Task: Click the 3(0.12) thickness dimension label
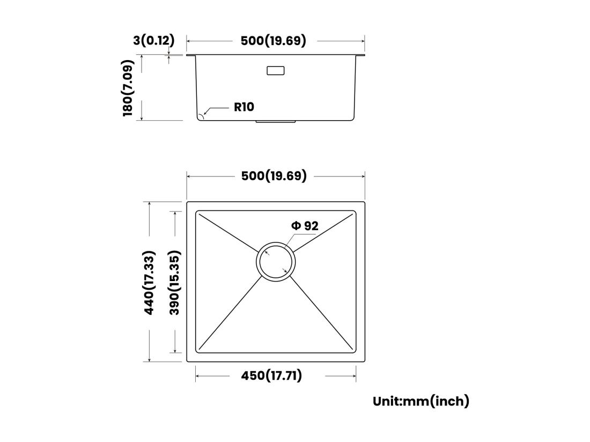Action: coord(153,40)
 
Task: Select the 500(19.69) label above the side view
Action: coord(273,41)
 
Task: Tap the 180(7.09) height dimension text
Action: coord(128,87)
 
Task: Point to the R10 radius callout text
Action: coord(244,107)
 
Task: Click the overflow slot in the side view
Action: coord(276,70)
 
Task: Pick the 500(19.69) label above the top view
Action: coord(274,175)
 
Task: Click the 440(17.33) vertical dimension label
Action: coord(149,283)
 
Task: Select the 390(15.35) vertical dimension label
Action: coord(174,283)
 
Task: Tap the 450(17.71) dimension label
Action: coord(271,375)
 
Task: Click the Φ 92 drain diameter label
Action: coord(305,226)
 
